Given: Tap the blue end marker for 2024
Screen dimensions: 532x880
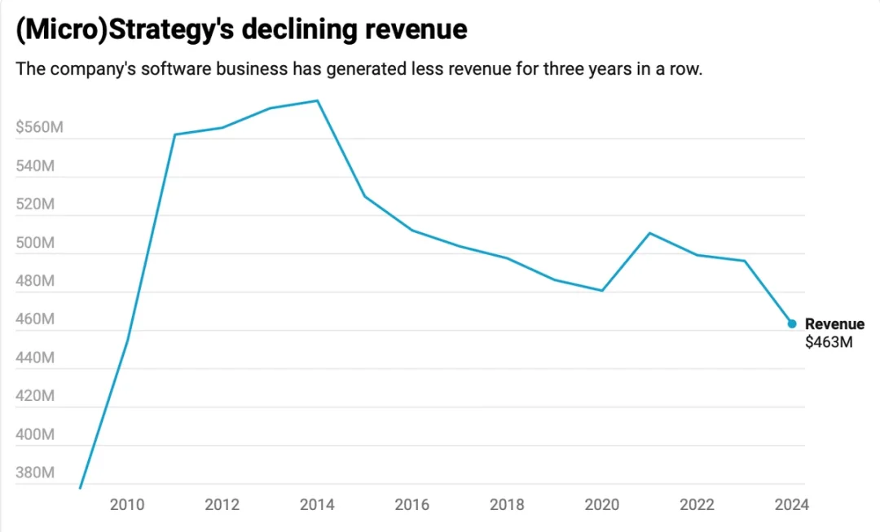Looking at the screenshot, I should [792, 324].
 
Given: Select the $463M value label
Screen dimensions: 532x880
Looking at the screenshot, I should [829, 342].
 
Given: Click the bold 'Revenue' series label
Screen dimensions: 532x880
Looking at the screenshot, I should [834, 324].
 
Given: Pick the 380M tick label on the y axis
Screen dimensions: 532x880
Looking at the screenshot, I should [35, 473].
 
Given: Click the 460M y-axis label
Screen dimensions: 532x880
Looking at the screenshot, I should [35, 319].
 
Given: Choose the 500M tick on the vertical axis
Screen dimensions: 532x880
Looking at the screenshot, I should [35, 243].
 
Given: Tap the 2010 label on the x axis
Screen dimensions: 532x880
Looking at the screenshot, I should [126, 505].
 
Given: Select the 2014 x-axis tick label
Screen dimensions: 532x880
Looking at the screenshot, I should [317, 505].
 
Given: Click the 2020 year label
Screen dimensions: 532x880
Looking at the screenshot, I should [602, 505].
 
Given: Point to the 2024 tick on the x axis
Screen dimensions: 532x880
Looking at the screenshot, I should [792, 505].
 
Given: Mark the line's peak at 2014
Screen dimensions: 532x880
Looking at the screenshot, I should [317, 101].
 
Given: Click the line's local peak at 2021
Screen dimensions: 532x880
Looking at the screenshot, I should [649, 233].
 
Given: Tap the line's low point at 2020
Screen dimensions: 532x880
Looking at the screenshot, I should [602, 290].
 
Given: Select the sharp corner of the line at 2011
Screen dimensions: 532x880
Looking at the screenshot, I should [174, 134].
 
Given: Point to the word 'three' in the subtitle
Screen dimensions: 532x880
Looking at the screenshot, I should [565, 68].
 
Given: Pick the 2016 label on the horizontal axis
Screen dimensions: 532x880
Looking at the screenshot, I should [411, 505].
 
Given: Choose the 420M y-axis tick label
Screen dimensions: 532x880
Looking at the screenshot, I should [35, 397].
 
